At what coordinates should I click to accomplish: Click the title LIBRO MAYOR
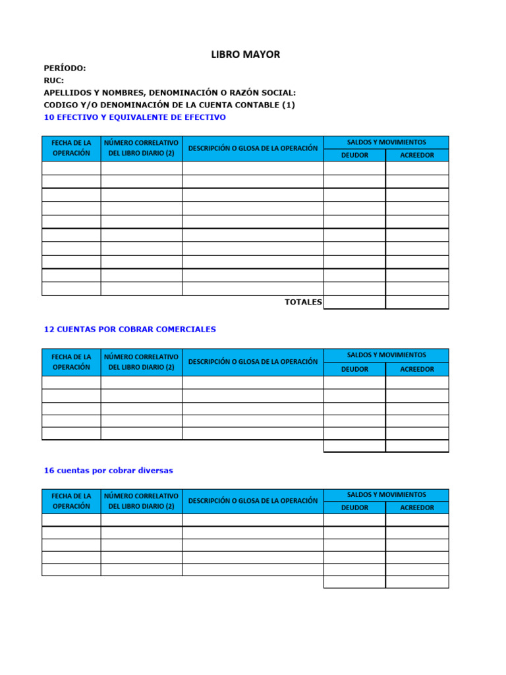click(245, 55)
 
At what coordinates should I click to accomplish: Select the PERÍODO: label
click(65, 69)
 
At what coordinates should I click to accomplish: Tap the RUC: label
click(54, 80)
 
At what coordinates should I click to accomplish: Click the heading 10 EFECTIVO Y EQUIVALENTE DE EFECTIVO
click(134, 117)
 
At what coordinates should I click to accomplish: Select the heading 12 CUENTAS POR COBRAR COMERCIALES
click(130, 329)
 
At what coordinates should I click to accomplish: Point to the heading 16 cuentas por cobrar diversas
click(108, 471)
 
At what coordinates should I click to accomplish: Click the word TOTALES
click(303, 302)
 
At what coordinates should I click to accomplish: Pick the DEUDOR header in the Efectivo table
click(354, 156)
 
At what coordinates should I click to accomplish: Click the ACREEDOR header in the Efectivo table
click(417, 156)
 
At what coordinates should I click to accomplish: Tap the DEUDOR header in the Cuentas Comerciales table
click(354, 369)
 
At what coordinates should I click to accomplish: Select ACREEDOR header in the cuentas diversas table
click(417, 508)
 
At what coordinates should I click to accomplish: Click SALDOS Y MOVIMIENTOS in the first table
click(386, 142)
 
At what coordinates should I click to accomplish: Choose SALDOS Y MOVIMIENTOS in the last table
click(386, 494)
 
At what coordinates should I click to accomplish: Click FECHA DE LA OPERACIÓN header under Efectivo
click(71, 148)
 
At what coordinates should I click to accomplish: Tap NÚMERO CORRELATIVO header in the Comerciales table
click(141, 361)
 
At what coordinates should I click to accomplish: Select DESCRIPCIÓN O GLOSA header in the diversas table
click(252, 501)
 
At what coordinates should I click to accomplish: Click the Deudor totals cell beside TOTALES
click(354, 302)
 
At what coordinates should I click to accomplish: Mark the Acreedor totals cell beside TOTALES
click(417, 302)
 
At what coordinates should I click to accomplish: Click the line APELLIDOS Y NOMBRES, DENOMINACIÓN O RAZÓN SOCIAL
click(169, 93)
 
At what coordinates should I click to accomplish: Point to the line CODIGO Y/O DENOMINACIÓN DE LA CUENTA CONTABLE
click(169, 105)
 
